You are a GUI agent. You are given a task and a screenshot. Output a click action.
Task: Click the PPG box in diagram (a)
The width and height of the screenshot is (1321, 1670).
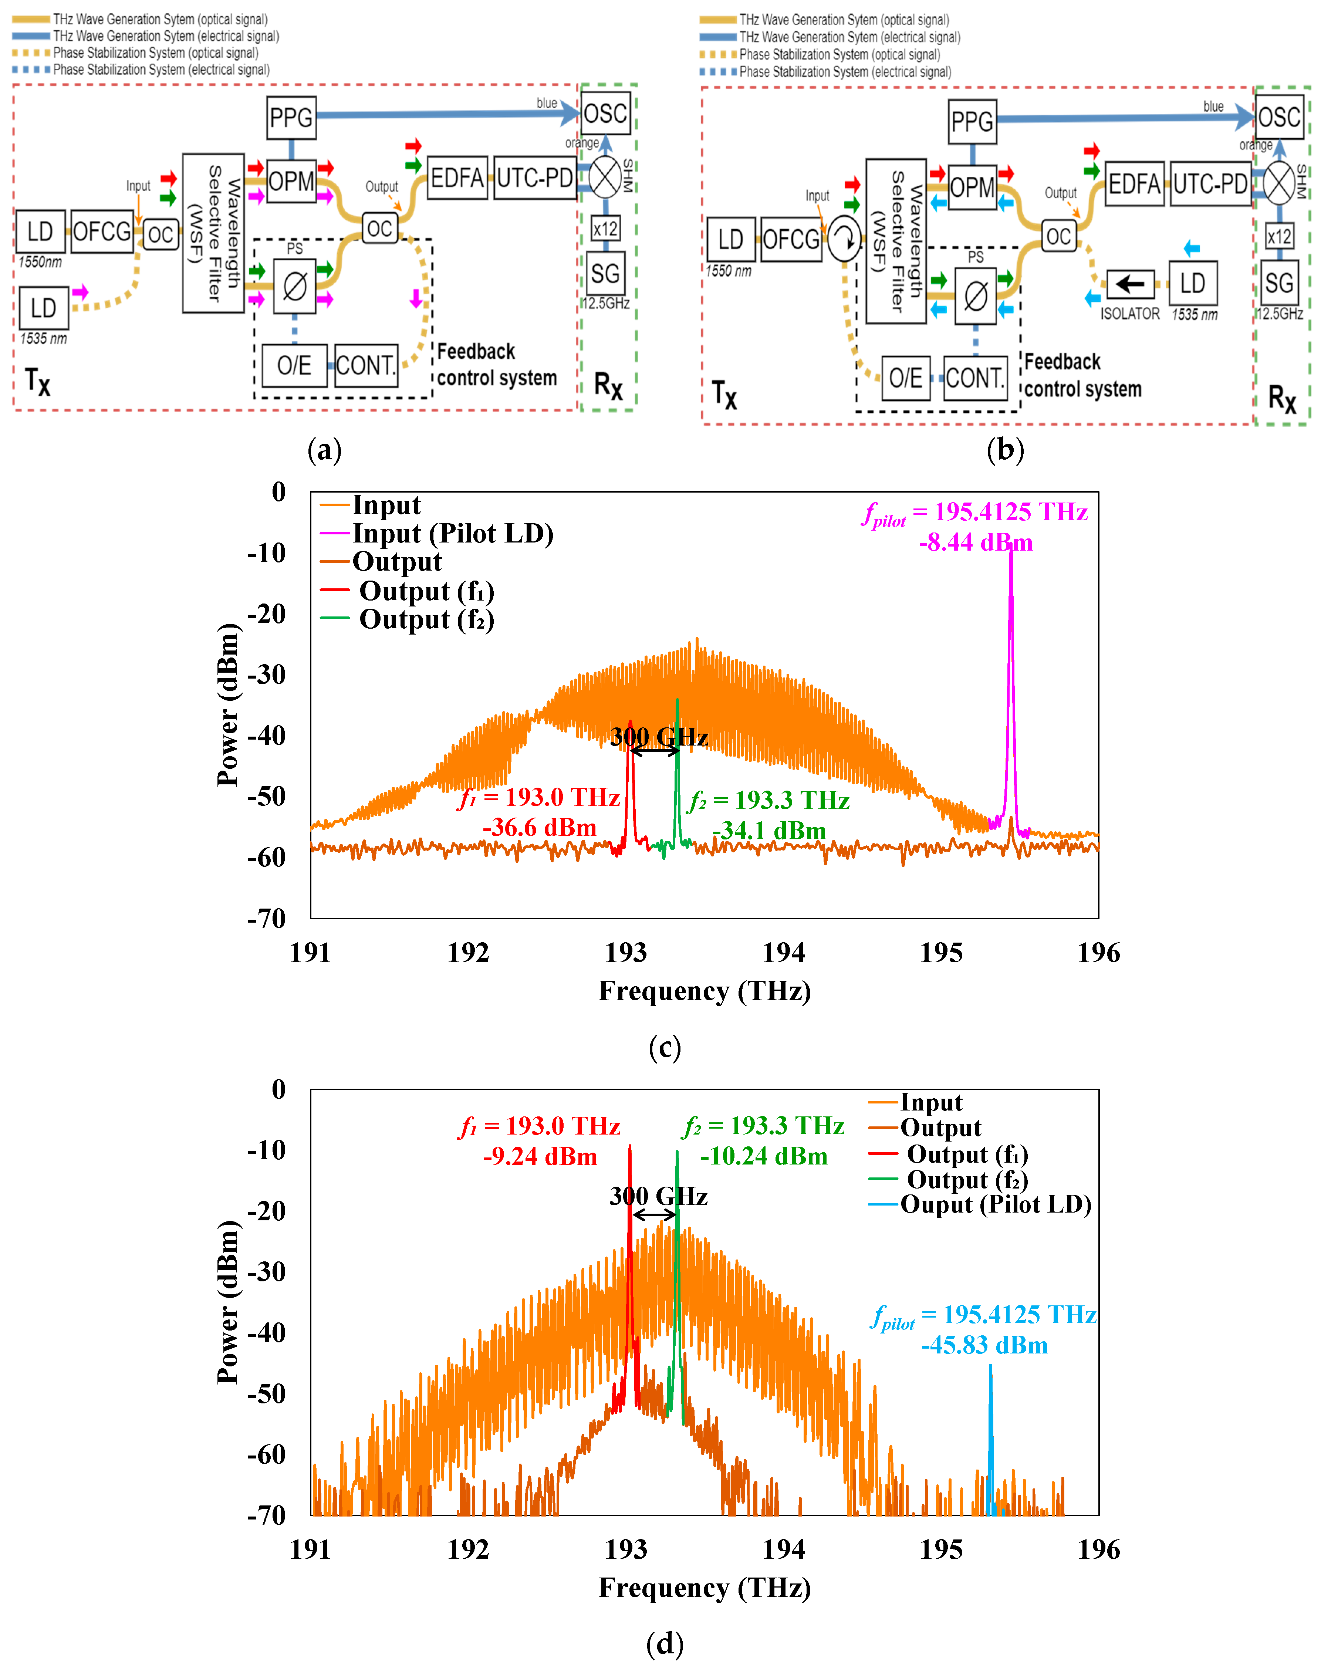(291, 118)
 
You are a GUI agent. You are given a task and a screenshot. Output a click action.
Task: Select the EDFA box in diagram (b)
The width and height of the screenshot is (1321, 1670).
(1134, 184)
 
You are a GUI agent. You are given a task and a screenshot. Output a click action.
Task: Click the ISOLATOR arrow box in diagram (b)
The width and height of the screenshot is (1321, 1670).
(1130, 284)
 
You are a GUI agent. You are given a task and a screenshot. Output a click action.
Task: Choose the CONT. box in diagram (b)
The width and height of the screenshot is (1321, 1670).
(974, 378)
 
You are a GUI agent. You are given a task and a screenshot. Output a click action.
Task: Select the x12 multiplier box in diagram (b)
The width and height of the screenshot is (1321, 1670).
(1279, 236)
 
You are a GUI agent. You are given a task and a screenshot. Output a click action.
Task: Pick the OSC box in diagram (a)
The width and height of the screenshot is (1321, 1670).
(606, 114)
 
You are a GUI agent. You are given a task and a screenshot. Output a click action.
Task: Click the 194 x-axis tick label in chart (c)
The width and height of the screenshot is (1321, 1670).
(784, 953)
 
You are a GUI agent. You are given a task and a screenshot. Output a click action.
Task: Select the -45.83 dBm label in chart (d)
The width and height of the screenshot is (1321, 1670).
(984, 1345)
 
